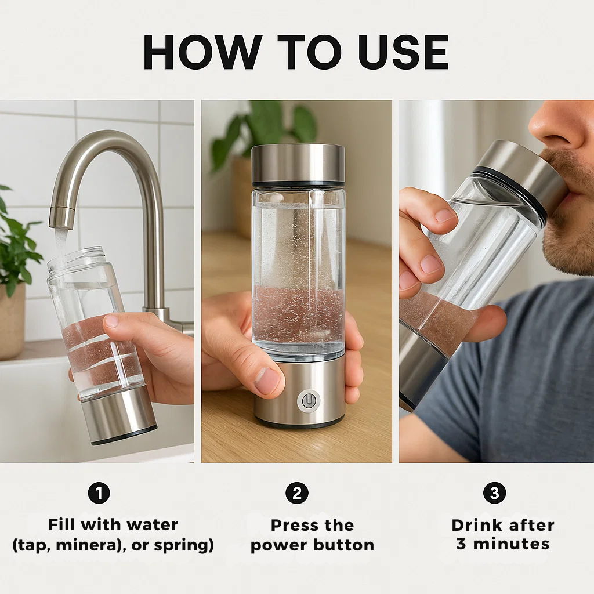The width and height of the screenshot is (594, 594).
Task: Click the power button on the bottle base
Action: (309, 400)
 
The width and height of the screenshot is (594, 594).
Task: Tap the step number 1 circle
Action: (99, 493)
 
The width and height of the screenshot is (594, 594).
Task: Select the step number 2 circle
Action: (296, 493)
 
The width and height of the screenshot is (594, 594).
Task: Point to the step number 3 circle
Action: (494, 493)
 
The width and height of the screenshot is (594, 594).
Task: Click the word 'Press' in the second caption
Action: (295, 525)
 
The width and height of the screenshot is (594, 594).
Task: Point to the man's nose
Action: (554, 131)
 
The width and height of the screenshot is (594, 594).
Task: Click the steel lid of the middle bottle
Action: (298, 164)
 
